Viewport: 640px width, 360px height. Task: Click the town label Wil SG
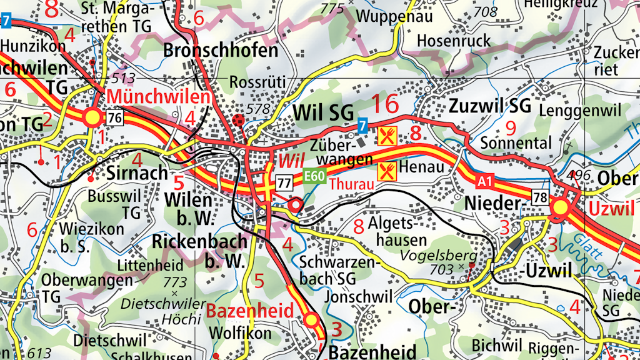(323, 113)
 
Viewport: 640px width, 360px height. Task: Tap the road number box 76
(114, 118)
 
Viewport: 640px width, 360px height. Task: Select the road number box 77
(284, 183)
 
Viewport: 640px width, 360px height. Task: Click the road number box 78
(539, 197)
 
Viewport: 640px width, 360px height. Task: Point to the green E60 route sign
(314, 176)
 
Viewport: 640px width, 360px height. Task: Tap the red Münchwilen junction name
(158, 97)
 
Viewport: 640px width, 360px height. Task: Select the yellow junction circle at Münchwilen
(93, 117)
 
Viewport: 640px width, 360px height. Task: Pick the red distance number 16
(384, 103)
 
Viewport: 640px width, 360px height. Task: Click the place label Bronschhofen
(221, 51)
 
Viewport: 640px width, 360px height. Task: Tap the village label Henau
(421, 167)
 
